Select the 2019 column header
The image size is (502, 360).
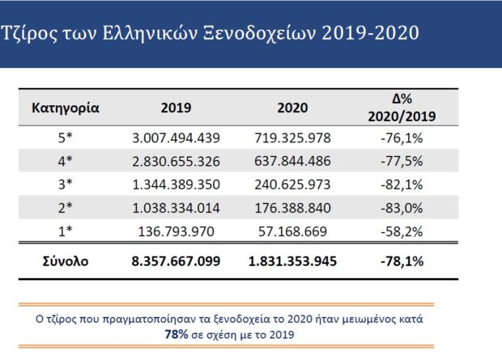pyautogui.click(x=176, y=108)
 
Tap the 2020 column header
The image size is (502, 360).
pyautogui.click(x=292, y=108)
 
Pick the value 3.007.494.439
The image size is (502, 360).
pyautogui.click(x=176, y=138)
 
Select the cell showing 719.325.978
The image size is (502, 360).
pyautogui.click(x=292, y=138)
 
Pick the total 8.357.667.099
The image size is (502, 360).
pyautogui.click(x=176, y=261)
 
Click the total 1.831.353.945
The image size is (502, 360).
pyautogui.click(x=292, y=261)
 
